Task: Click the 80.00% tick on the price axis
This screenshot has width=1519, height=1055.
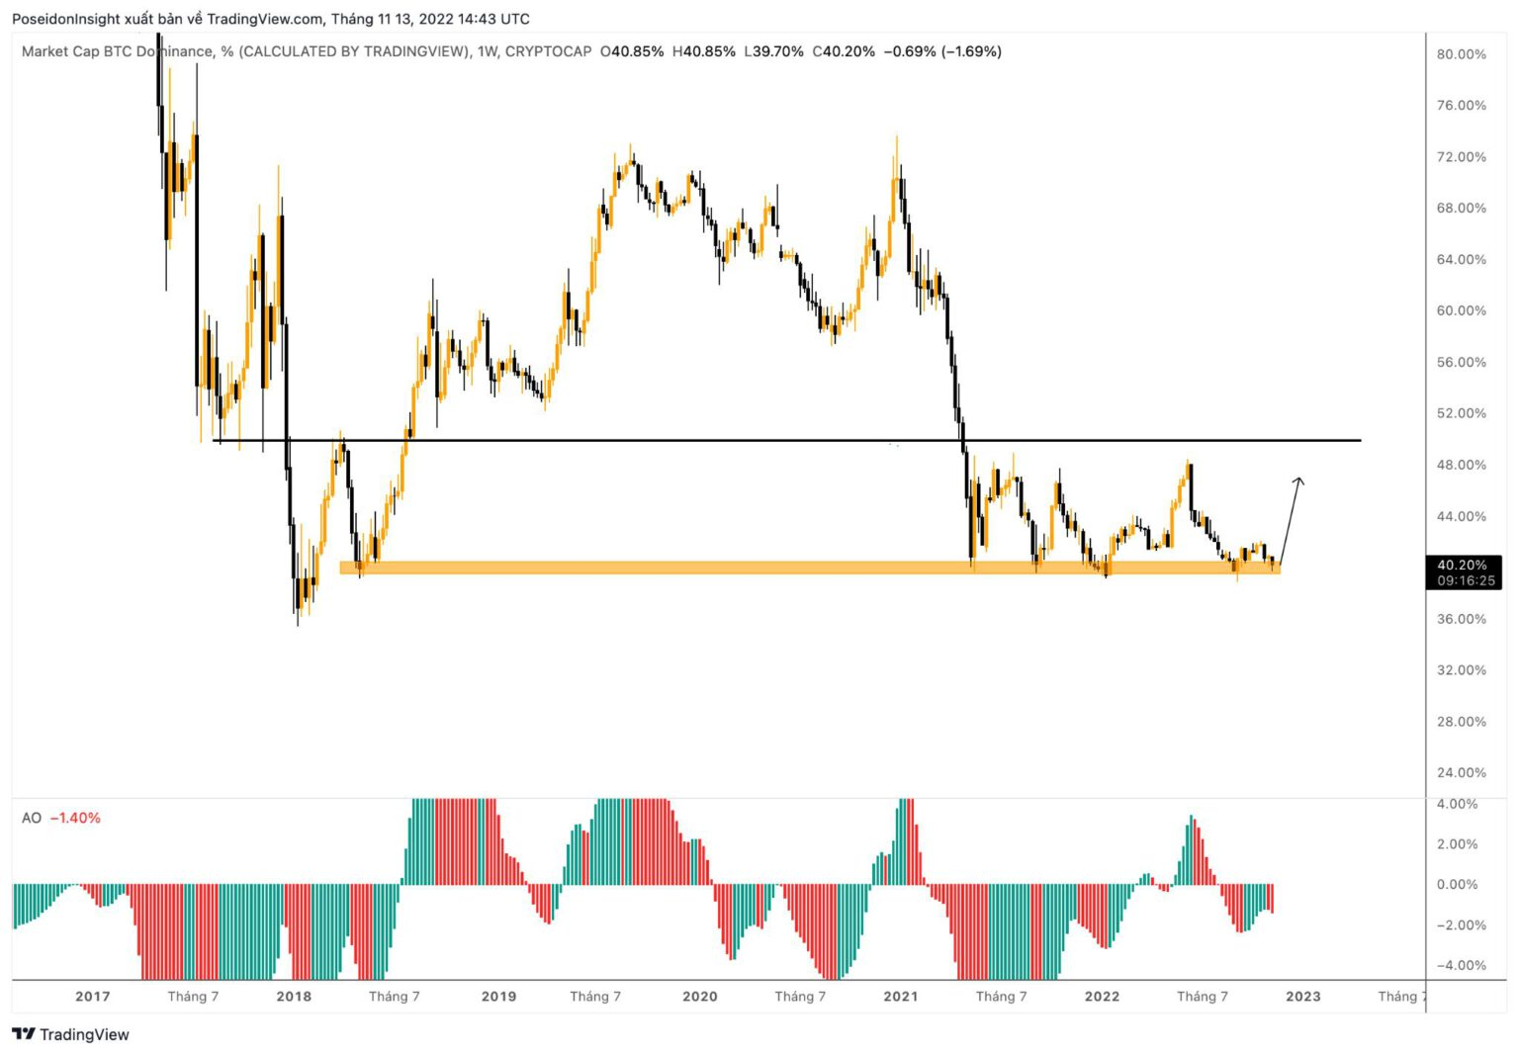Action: (1461, 54)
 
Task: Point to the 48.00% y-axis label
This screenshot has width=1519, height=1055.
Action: (1461, 465)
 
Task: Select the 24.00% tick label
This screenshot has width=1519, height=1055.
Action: (1461, 772)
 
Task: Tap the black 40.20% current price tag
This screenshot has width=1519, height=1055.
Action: (1463, 566)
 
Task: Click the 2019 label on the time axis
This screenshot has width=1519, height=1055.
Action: (498, 996)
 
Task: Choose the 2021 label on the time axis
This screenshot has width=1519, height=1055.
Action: (900, 996)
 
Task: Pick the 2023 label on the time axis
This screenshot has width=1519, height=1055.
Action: (1302, 996)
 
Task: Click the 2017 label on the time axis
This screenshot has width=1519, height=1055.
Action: (93, 996)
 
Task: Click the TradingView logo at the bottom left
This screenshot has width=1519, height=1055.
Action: (71, 1034)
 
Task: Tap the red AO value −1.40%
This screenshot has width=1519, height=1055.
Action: (75, 818)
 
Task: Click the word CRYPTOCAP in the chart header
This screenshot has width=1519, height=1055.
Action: (548, 51)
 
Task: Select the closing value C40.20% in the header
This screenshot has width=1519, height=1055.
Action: (844, 51)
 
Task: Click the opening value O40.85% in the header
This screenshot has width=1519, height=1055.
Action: (632, 51)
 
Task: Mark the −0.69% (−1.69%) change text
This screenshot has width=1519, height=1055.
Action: (942, 51)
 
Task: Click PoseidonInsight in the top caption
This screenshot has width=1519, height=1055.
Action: (66, 19)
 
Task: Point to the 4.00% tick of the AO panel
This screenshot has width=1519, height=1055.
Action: (1457, 804)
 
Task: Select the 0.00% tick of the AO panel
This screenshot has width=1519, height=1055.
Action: (1457, 884)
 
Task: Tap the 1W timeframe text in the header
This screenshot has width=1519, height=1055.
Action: (488, 51)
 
